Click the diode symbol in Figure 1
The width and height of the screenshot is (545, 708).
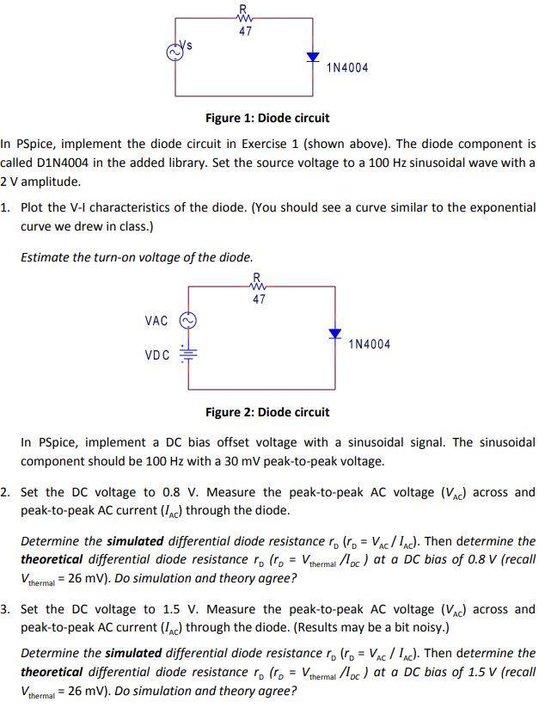click(313, 58)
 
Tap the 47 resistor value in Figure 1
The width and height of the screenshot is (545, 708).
click(246, 31)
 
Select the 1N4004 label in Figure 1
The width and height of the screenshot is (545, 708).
click(347, 67)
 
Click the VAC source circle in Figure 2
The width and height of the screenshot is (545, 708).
click(187, 321)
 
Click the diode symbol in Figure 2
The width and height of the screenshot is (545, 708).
click(335, 334)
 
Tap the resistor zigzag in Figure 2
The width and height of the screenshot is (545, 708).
click(258, 286)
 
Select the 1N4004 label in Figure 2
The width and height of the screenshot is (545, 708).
click(370, 344)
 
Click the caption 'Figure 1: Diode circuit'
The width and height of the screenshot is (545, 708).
click(266, 118)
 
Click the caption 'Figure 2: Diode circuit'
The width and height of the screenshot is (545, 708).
click(266, 412)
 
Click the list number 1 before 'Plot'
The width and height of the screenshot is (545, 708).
click(5, 208)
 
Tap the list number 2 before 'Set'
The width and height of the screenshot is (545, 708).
click(5, 493)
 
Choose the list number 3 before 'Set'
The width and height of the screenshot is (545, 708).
click(5, 610)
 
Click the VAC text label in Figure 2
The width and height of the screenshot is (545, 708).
click(156, 321)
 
